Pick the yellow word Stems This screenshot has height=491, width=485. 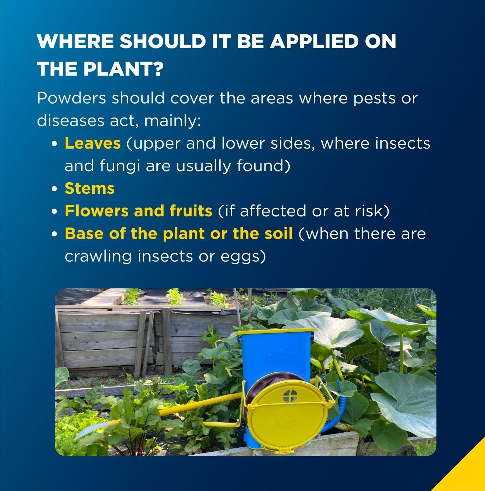tap(90, 188)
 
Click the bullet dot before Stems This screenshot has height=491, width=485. tap(55, 189)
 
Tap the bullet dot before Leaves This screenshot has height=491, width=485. tap(55, 144)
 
